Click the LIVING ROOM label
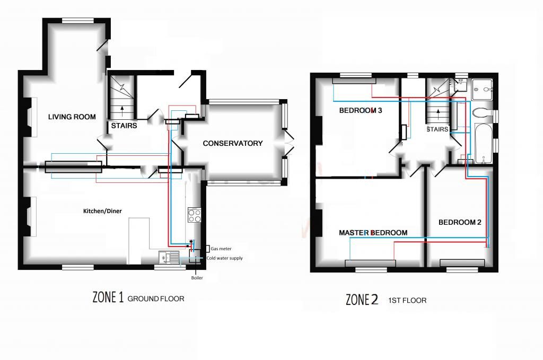coord(72,117)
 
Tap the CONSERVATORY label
coord(233,143)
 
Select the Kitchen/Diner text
coord(102,211)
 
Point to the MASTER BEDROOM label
coord(373,233)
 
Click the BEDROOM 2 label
coord(460,222)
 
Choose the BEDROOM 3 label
coord(361,110)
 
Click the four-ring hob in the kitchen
coord(194,215)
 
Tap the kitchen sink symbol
coord(169,258)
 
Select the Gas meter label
coord(221,249)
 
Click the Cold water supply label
coord(224,258)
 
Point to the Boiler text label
coord(197,278)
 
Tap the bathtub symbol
coord(483,143)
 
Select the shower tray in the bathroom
coord(481,89)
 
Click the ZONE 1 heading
coord(108,297)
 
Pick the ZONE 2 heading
coord(362,300)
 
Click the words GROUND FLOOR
coord(156,298)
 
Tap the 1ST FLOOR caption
coord(407,301)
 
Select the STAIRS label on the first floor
coord(437,129)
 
